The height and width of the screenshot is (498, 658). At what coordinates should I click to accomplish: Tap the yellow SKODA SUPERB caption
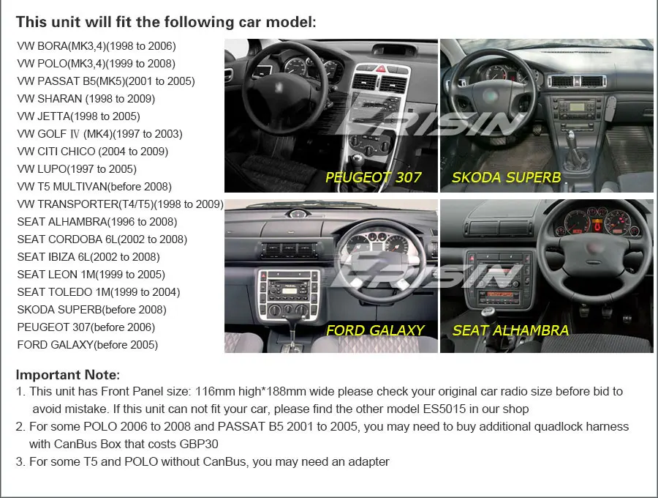pos(506,177)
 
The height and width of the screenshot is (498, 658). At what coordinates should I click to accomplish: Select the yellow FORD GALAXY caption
pos(374,330)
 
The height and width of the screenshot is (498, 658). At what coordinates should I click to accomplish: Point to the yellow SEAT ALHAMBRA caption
pos(510,330)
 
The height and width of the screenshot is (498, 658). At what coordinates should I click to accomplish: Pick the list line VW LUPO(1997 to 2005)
pos(87,168)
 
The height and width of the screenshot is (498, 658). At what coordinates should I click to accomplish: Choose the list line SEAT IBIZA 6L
pos(88,256)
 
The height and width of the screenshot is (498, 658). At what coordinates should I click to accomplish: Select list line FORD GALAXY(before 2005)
pos(87,344)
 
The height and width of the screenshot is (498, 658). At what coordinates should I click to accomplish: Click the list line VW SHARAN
pos(86,98)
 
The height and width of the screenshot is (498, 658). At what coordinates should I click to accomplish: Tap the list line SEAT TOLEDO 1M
pos(99,291)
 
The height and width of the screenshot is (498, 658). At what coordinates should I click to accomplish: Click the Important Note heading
pos(67,375)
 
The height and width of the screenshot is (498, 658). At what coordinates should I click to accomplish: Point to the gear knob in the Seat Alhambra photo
pos(486,311)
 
